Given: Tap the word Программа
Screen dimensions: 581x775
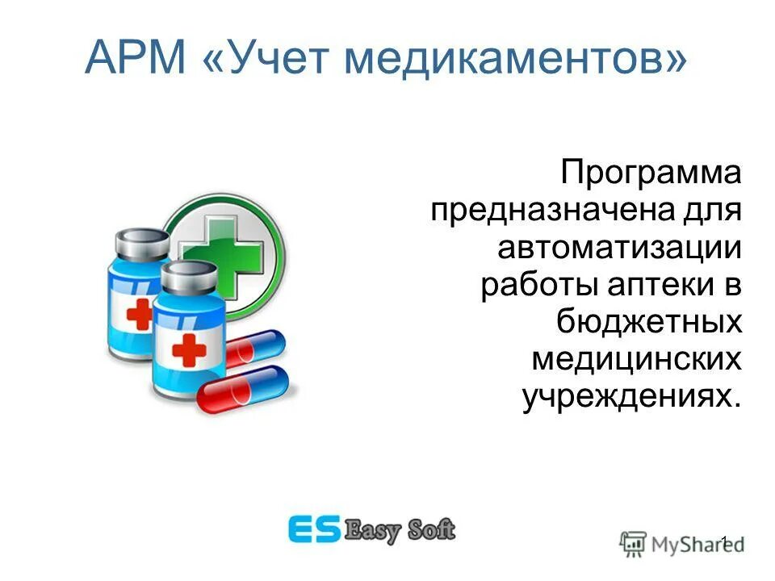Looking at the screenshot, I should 651,175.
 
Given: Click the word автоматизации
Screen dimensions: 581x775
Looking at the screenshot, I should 619,249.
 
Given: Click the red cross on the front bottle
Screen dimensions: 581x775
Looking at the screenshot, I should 190,350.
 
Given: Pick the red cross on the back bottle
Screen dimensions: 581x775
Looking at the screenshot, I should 138,315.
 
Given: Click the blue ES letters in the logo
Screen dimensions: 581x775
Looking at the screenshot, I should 315,529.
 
